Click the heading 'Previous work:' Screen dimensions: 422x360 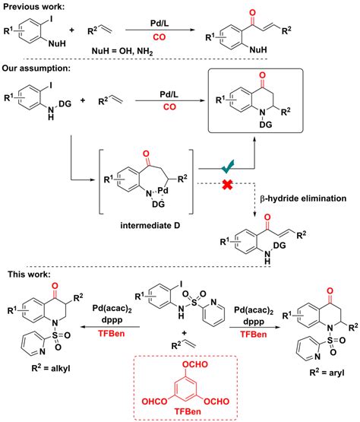(37, 7)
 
